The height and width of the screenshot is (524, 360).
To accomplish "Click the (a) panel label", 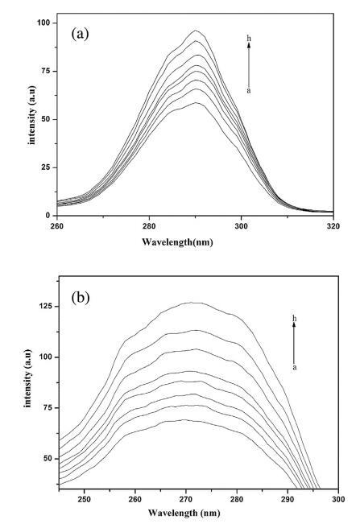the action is click(81, 34).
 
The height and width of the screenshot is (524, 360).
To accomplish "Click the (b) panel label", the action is click(81, 298).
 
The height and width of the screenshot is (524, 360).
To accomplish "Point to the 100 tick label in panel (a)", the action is click(43, 23).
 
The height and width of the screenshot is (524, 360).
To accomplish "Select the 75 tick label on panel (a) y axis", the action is click(45, 71).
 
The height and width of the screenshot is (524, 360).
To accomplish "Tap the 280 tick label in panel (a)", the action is click(149, 226).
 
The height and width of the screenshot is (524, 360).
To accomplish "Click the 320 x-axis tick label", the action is click(333, 226).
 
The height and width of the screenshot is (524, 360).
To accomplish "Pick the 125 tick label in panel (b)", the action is click(45, 306).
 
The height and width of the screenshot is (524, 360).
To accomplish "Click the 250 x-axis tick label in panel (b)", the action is click(84, 499).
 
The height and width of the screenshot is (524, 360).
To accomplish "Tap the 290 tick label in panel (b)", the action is click(288, 499).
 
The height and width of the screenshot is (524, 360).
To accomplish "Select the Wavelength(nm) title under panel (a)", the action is click(177, 241).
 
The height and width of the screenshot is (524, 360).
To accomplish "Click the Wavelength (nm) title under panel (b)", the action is click(184, 512).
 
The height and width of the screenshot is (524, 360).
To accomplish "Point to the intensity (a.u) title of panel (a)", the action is click(31, 115).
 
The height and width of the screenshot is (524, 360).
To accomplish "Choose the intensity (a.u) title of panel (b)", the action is click(27, 378).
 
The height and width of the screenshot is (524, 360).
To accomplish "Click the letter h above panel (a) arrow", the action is click(249, 39).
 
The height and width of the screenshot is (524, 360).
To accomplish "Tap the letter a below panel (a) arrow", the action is click(249, 91).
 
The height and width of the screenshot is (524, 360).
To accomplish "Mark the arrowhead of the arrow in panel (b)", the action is click(294, 324).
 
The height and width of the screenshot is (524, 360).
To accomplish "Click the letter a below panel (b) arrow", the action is click(295, 368).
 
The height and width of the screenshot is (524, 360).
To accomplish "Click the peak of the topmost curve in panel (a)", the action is click(196, 31).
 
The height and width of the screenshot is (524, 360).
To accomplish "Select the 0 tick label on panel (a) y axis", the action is click(48, 216).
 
